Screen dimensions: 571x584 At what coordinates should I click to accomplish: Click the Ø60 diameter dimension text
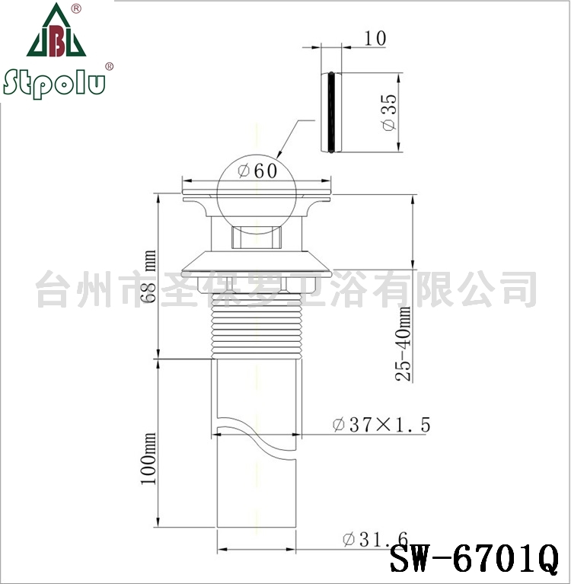pos(258,171)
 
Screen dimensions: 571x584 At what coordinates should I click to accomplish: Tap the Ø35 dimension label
pos(390,113)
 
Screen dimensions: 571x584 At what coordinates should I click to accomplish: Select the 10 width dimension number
pos(375,38)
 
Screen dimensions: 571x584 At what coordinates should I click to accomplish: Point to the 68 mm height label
pos(148,276)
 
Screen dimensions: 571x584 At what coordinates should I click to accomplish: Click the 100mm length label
pos(148,458)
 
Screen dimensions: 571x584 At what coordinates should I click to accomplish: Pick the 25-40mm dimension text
pos(403,343)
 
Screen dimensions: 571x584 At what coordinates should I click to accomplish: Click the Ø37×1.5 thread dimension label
pos(381,425)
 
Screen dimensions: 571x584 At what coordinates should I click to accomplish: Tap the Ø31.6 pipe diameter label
pos(375,539)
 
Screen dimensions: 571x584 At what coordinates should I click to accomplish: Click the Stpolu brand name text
pos(54,84)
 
